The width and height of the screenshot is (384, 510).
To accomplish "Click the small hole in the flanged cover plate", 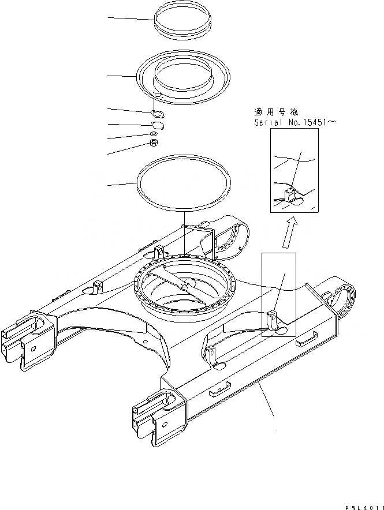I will pyautogui.click(x=158, y=95).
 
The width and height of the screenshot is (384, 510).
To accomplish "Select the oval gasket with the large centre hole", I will pyautogui.click(x=156, y=113).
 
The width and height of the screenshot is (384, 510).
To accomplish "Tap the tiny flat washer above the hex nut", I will pyautogui.click(x=154, y=134).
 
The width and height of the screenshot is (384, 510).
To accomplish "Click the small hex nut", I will pyautogui.click(x=154, y=142).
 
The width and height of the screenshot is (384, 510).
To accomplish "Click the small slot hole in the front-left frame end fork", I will pyautogui.click(x=33, y=348).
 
